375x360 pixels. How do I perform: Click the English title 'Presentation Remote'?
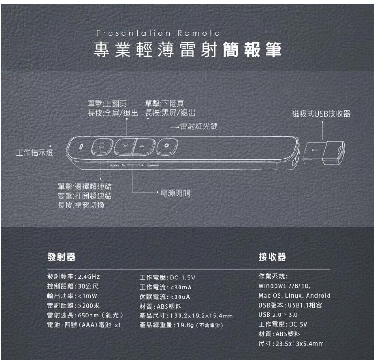point(158,33)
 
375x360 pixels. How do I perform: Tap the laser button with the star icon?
point(167,146)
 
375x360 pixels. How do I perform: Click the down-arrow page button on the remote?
point(125,146)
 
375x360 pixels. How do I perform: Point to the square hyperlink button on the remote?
point(102,146)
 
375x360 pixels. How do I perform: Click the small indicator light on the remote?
point(81,146)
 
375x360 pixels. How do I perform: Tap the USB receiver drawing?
point(323,153)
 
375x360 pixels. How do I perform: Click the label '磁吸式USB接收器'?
point(321,114)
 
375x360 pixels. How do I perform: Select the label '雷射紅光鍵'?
point(199,127)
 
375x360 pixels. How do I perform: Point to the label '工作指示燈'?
point(34,152)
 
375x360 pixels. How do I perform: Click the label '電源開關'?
point(175,193)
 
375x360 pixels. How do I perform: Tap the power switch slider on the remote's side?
point(133,165)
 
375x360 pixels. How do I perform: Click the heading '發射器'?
point(61,257)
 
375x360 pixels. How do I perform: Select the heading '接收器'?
point(272,257)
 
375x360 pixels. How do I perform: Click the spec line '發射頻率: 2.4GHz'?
point(73,277)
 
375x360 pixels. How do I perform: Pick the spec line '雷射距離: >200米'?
point(73,305)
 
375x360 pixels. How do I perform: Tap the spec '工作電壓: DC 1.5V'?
point(167,278)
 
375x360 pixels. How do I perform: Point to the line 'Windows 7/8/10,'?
point(285,286)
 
